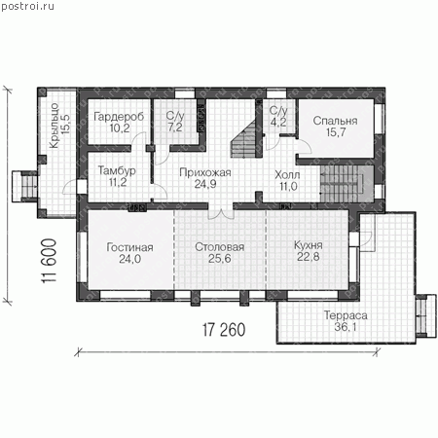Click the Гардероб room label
pyautogui.click(x=119, y=117)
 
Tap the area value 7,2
pyautogui.click(x=175, y=128)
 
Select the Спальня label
pyautogui.click(x=335, y=121)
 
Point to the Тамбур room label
pyautogui.click(x=117, y=170)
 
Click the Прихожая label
pyautogui.click(x=205, y=172)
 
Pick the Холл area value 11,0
pyautogui.click(x=288, y=186)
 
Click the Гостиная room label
pyautogui.click(x=129, y=247)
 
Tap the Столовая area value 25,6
pyautogui.click(x=219, y=258)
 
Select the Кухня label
pyautogui.click(x=309, y=245)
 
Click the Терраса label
pyautogui.click(x=346, y=315)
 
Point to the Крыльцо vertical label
pyautogui.click(x=55, y=126)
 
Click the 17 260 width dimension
pyautogui.click(x=224, y=330)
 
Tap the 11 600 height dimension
pyautogui.click(x=49, y=261)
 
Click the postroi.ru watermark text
pyautogui.click(x=27, y=6)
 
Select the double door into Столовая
pyautogui.click(x=221, y=214)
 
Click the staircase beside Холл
pyautogui.click(x=344, y=183)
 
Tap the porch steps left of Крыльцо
pyautogui.click(x=25, y=187)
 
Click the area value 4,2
pyautogui.click(x=278, y=122)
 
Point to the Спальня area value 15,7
pyautogui.click(x=336, y=132)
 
